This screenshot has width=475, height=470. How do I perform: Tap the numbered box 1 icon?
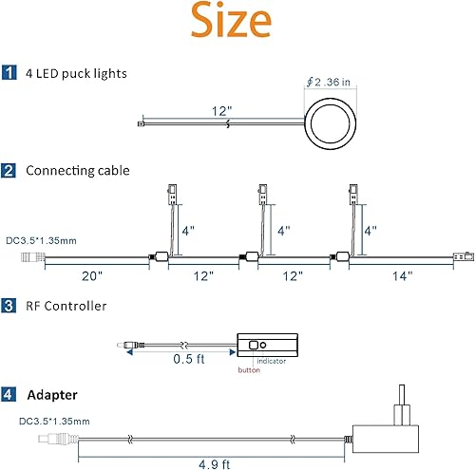tap(9, 73)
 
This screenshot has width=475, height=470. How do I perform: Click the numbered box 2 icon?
tap(9, 171)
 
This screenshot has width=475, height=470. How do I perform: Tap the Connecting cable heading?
tap(77, 171)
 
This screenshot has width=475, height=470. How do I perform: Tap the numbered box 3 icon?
tap(9, 306)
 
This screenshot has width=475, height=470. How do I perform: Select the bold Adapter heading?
tap(51, 392)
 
